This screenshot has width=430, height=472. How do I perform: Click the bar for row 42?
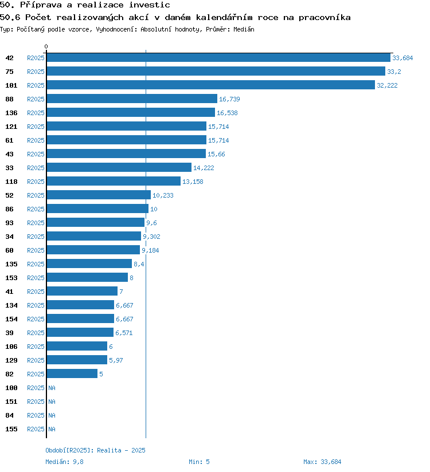218,58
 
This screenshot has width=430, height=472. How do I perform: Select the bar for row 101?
210,85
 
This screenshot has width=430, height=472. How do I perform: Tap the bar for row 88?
132,99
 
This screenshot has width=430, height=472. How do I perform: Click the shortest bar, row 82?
72,374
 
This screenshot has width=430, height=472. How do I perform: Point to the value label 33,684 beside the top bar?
402,58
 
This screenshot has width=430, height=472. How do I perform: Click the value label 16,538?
227,113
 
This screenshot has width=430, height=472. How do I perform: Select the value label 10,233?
163,195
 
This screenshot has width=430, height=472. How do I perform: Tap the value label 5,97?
116,360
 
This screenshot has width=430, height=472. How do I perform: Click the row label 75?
10,72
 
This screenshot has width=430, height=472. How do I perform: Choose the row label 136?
11,113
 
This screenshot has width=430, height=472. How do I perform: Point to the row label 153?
11,278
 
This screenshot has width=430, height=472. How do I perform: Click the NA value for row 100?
52,388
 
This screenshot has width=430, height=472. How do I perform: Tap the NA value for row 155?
52,429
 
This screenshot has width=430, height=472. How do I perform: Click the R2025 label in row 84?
36,415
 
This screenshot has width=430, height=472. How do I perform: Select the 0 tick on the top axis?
46,46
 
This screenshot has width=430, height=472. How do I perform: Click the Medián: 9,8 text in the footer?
64,462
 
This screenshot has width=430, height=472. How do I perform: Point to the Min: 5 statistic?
199,462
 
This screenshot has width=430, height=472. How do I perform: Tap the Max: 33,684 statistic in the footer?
322,462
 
